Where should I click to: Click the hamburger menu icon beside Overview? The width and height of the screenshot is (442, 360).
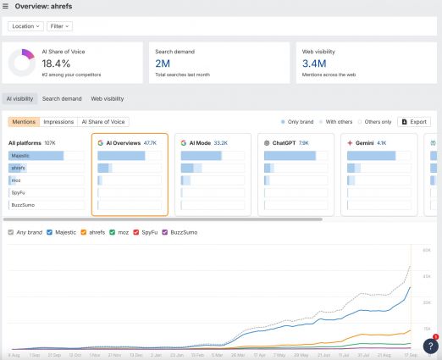[x=7, y=6]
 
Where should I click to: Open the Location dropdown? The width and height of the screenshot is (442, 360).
[x=25, y=26]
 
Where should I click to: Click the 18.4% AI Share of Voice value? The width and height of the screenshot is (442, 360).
[x=57, y=64]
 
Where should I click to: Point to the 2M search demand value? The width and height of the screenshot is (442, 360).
[x=163, y=64]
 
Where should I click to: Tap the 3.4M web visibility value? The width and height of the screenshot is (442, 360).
[x=314, y=64]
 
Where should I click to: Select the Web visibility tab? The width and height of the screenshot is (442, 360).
[x=107, y=99]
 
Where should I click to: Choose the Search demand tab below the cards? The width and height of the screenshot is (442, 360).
[x=62, y=99]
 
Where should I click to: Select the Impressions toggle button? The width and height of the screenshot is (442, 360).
[x=59, y=122]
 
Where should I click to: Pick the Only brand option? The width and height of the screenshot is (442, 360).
[x=298, y=122]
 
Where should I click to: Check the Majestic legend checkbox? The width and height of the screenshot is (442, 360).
[x=50, y=231]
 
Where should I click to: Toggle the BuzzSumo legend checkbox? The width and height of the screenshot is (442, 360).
[x=165, y=231]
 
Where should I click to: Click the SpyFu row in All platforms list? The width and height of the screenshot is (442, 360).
[x=19, y=192]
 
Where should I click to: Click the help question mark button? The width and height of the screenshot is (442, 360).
[x=429, y=346]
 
